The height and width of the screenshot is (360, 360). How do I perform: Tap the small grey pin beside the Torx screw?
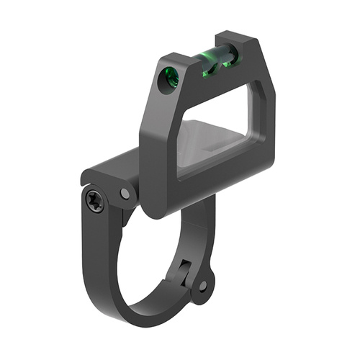pos(126,193)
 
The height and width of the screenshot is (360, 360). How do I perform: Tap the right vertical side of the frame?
pos(264,122)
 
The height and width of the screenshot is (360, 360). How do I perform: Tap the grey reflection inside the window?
pos(209,148)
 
